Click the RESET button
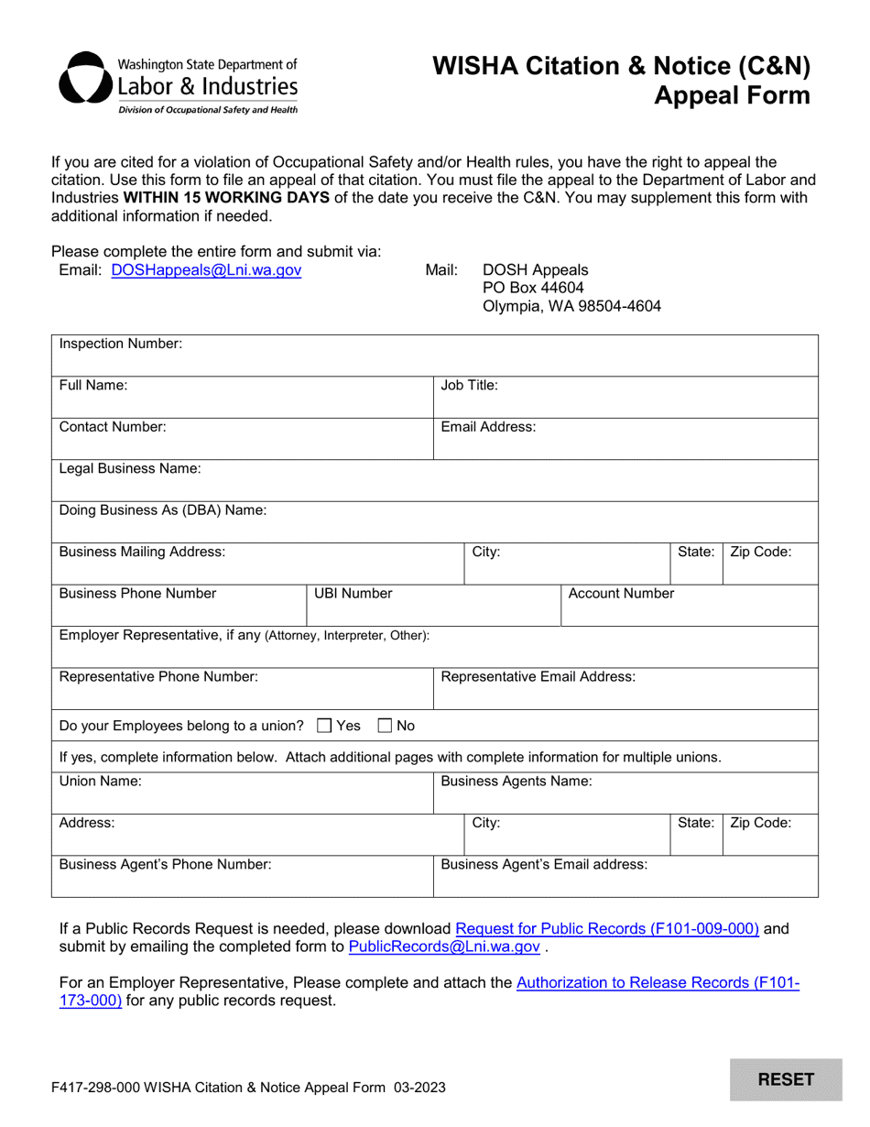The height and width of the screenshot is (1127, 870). pos(786,1079)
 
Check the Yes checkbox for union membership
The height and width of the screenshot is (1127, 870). pos(324,727)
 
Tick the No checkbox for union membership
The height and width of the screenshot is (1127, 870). pos(386,727)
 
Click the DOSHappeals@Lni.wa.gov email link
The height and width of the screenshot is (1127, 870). pos(206,270)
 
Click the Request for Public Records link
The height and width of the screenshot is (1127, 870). pos(607,928)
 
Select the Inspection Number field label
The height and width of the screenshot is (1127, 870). pos(121,344)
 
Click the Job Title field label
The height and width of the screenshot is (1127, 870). pos(470,386)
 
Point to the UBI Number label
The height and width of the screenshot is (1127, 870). pos(353,594)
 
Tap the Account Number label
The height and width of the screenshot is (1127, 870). pos(622,594)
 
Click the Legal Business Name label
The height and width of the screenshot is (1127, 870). pos(130,468)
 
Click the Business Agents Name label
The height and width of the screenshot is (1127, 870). pos(517,782)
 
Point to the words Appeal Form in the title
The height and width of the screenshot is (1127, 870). pos(732,95)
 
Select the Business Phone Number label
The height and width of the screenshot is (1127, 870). pos(138,594)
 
